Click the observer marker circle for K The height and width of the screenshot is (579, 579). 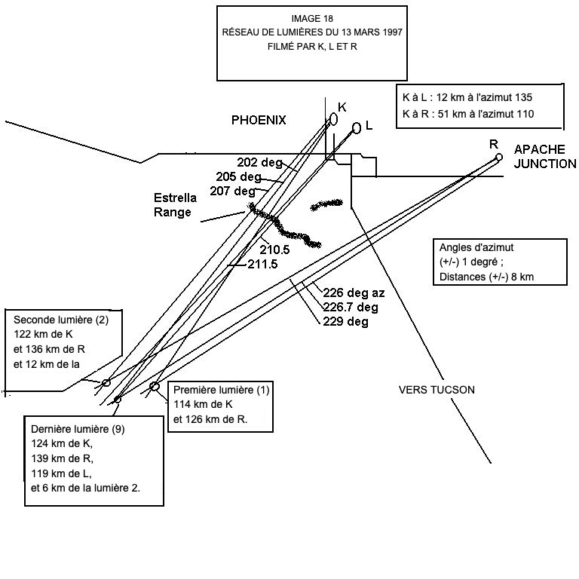pyautogui.click(x=333, y=119)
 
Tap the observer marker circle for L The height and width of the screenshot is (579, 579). pyautogui.click(x=357, y=128)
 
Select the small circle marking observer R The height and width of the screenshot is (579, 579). pyautogui.click(x=498, y=157)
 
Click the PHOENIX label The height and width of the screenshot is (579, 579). pyautogui.click(x=259, y=121)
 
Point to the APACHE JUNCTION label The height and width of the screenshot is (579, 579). pyautogui.click(x=544, y=156)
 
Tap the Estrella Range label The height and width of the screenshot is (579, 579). pyautogui.click(x=175, y=205)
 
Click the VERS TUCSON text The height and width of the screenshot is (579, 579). pyautogui.click(x=437, y=390)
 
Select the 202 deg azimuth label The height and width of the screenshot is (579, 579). pyautogui.click(x=258, y=162)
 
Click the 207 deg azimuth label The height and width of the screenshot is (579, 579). pyautogui.click(x=233, y=191)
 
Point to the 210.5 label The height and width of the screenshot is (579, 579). pyautogui.click(x=275, y=249)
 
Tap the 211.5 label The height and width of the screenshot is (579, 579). pyautogui.click(x=263, y=264)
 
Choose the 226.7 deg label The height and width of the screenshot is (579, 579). pyautogui.click(x=351, y=308)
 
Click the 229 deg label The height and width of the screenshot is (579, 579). pyautogui.click(x=345, y=322)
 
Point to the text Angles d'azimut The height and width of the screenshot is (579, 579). pyautogui.click(x=476, y=247)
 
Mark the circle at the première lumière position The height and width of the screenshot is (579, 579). pyautogui.click(x=155, y=387)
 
